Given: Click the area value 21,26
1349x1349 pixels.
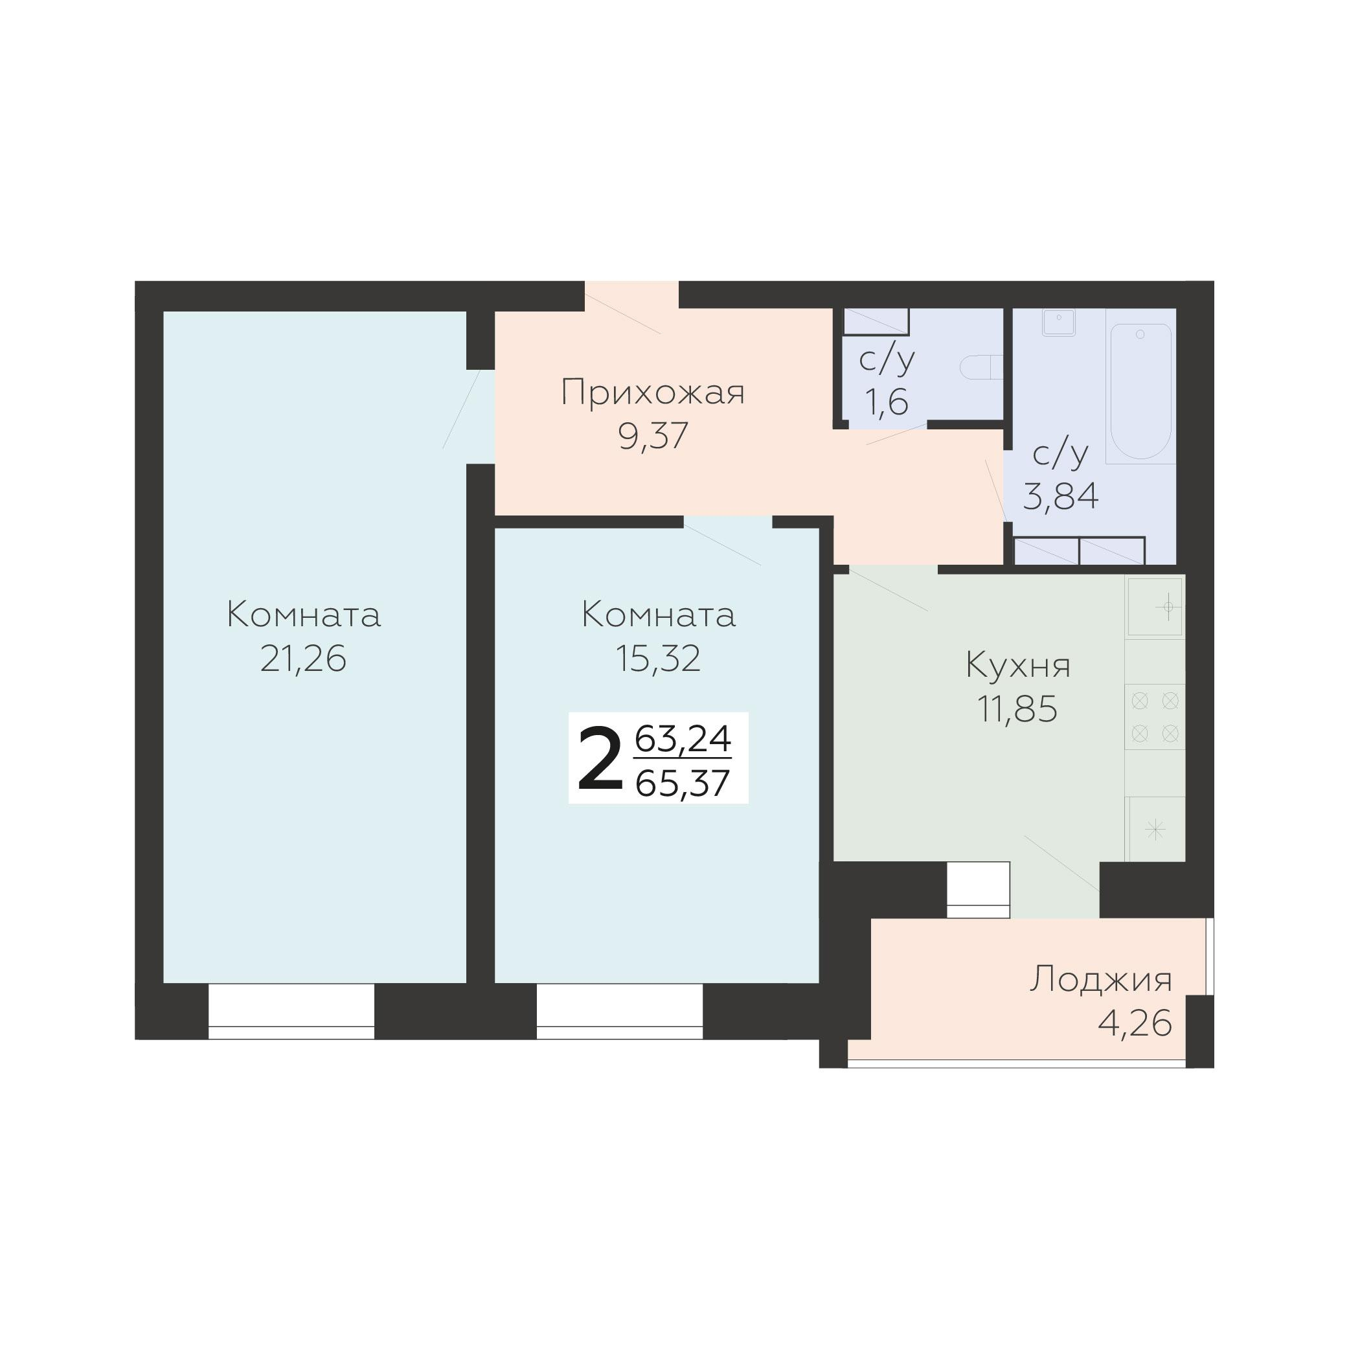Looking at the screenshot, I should click(303, 659).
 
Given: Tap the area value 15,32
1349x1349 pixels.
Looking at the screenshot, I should click(658, 659).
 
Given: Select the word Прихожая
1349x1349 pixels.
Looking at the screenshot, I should click(653, 392).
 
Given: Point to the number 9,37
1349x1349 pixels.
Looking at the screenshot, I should click(653, 436).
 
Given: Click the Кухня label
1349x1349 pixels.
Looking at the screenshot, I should click(1018, 665).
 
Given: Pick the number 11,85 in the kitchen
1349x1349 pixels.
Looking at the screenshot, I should click(1017, 709).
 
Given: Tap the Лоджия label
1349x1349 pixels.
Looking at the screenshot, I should click(1101, 980).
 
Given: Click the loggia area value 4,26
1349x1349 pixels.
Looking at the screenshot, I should click(1135, 1024).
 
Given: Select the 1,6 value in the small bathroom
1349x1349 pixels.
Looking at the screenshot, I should click(887, 402).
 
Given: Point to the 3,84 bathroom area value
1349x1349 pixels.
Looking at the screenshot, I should click(1061, 497).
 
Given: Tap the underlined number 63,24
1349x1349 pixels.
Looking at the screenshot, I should click(683, 740).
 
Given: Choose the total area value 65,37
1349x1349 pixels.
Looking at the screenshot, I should click(683, 784).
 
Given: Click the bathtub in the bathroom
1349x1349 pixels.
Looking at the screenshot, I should click(1140, 391).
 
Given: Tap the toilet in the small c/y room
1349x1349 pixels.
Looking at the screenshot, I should click(981, 367).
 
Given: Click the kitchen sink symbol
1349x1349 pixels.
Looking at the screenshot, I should click(1155, 607).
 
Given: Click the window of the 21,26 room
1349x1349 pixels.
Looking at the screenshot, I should click(291, 1010).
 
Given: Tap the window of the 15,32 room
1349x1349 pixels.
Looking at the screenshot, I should click(619, 1010).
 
